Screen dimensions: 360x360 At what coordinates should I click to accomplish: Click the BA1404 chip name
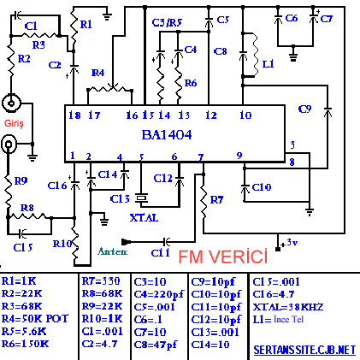[167, 134]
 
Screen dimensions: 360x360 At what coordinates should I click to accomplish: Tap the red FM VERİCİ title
[223, 257]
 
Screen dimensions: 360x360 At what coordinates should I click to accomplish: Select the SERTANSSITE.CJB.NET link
[304, 350]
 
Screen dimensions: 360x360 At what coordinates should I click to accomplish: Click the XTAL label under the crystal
[144, 218]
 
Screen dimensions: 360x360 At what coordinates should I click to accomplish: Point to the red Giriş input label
[14, 123]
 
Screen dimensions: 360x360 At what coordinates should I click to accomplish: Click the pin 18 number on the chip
[74, 115]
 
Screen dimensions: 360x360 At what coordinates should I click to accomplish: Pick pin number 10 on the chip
[245, 115]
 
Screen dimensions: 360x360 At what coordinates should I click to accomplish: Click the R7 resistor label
[216, 200]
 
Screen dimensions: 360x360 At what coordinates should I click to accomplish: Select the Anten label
[112, 251]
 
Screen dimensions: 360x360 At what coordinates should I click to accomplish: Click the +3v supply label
[289, 243]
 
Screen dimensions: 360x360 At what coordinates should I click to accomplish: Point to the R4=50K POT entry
[35, 319]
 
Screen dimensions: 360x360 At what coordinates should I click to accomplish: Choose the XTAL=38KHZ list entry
[288, 307]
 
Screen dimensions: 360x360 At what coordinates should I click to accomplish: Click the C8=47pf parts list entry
[156, 345]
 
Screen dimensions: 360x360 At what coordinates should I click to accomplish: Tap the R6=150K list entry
[25, 344]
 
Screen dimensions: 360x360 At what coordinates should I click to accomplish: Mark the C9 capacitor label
[304, 109]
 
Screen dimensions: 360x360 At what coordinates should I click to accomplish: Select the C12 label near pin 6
[162, 179]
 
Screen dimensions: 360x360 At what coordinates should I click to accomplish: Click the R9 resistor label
[21, 180]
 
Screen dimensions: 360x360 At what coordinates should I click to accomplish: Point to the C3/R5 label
[167, 22]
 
